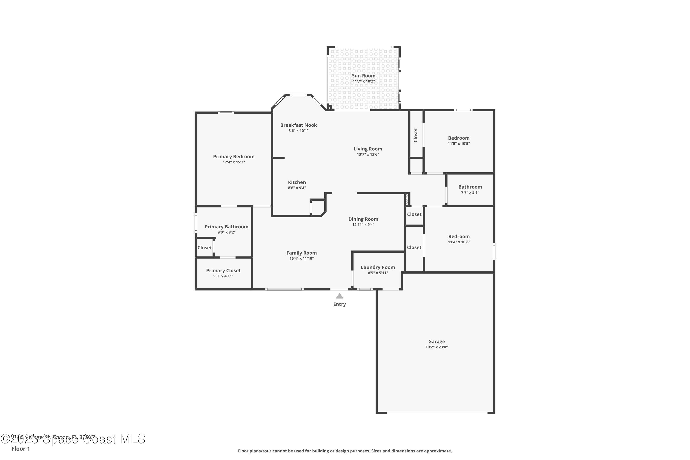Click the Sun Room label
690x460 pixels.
click(x=363, y=76)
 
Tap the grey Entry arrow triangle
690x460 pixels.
click(x=339, y=296)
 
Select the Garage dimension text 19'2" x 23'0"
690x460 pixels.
click(x=437, y=347)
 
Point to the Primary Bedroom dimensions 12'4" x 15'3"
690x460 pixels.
click(x=233, y=162)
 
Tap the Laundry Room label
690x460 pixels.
click(x=378, y=267)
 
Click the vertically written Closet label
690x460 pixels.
click(x=415, y=135)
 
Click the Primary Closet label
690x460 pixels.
click(x=223, y=270)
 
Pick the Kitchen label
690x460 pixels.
click(x=297, y=182)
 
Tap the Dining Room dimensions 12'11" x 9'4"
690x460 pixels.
click(x=363, y=225)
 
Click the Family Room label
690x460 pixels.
click(x=301, y=253)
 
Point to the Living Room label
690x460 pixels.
click(x=368, y=149)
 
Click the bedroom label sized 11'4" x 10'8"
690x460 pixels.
click(x=459, y=236)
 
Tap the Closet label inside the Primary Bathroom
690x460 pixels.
click(x=204, y=248)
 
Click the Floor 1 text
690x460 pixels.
click(x=20, y=448)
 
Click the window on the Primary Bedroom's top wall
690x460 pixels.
click(x=226, y=113)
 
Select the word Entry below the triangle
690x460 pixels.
click(x=339, y=305)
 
